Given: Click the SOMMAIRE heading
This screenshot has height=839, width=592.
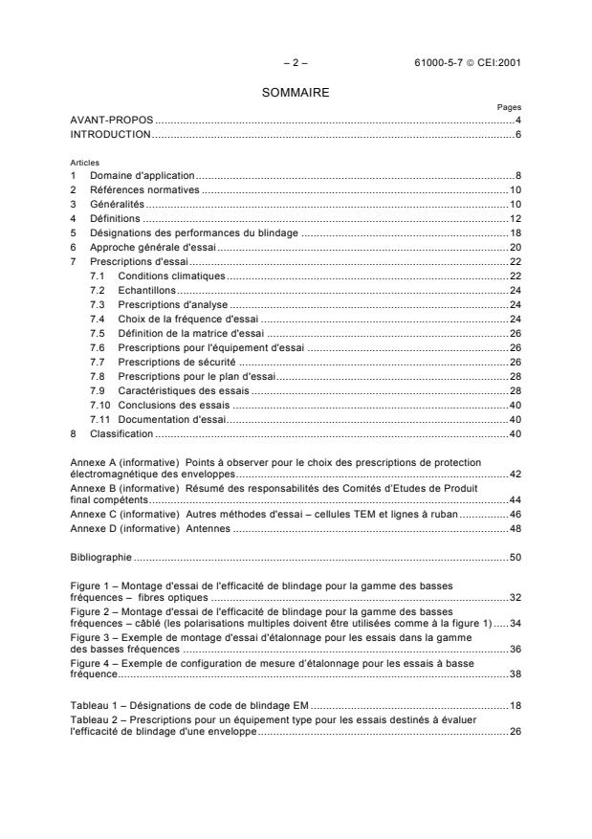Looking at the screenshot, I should pos(295,95).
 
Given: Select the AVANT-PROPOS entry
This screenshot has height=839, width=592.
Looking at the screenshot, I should pos(112,121).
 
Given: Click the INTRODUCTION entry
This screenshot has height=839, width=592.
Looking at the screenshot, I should pos(111,135).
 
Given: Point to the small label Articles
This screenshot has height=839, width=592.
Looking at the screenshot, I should pos(84,163).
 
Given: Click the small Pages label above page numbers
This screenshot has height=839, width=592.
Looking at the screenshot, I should pos(509,108).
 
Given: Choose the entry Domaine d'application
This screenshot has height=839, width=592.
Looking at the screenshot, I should pos(142,176).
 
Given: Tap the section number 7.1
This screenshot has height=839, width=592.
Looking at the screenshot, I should pos(97,276).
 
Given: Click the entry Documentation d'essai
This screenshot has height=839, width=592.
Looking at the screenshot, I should pos(171,419).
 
